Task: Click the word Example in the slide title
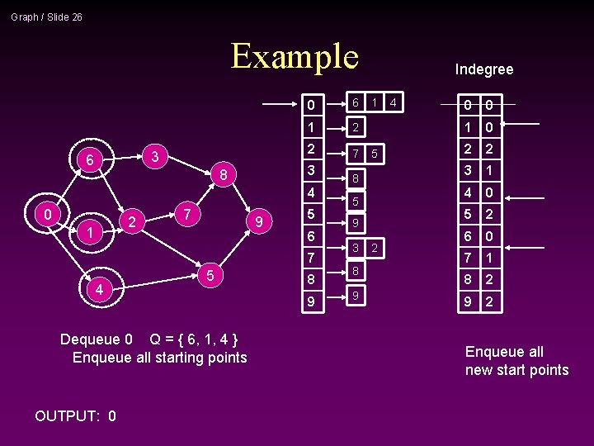coord(295,56)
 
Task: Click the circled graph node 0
coord(48,214)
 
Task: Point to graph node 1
coord(89,234)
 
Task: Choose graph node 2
coord(131,221)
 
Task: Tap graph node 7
coord(189,214)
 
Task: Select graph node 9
coord(259,221)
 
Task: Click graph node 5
coord(211,274)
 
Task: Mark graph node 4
coord(99,289)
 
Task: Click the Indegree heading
coord(484,69)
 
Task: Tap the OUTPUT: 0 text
coord(75,415)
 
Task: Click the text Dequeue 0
coord(96,339)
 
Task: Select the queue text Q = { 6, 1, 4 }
coord(193,339)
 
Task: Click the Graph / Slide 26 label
coord(46,17)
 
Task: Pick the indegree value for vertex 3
coord(488,171)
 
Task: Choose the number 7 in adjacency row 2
coord(356,154)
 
